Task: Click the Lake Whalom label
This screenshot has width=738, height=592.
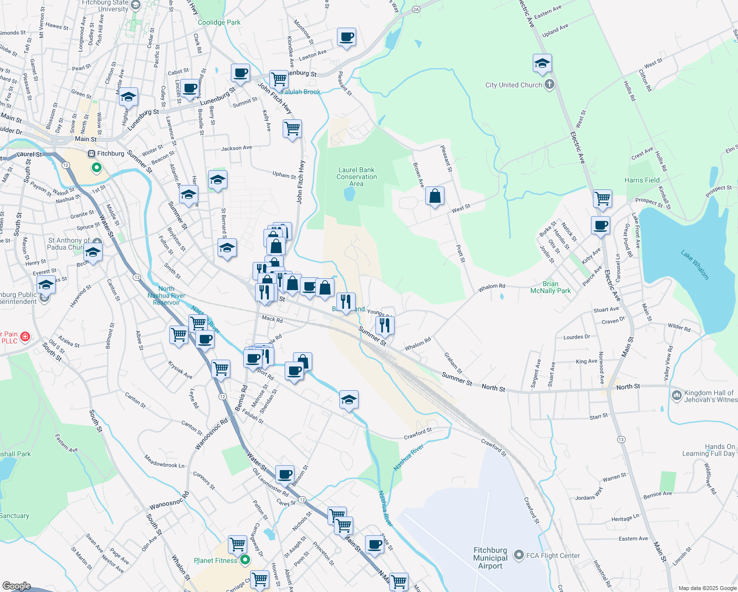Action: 695,265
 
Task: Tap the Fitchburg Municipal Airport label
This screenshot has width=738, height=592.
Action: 490,558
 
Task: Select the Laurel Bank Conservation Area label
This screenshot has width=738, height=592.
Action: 356,177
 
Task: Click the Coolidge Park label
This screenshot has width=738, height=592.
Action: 219,22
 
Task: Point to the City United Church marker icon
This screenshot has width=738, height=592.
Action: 550,85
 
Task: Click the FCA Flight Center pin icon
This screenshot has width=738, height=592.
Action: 518,555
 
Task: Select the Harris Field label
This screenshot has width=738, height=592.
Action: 642,180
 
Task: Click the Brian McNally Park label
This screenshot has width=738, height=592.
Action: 550,287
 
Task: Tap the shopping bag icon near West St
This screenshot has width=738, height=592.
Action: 435,196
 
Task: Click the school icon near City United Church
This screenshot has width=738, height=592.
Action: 542,64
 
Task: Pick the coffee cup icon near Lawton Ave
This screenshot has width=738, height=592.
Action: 347,37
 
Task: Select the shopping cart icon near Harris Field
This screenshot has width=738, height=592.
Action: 602,199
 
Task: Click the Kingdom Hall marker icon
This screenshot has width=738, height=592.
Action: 677,395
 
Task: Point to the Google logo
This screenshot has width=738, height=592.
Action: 17,586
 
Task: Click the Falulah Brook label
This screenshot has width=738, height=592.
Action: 301,92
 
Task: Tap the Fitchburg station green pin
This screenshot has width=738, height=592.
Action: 97,168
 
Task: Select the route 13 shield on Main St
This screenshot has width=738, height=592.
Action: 621,439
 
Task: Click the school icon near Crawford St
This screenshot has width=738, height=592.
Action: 349,400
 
